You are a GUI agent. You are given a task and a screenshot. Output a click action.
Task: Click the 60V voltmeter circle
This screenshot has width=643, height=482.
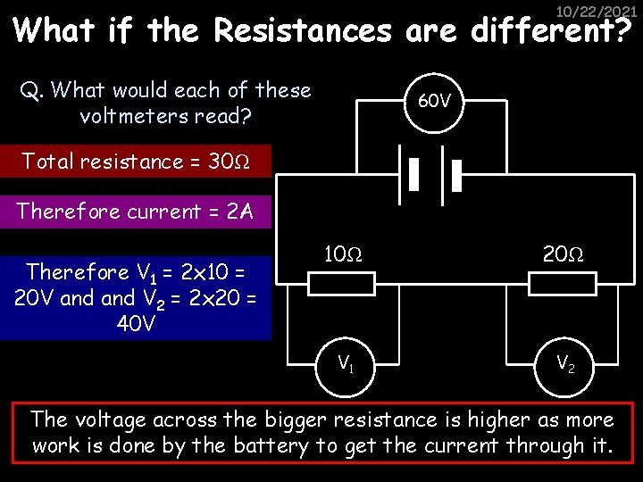click(435, 101)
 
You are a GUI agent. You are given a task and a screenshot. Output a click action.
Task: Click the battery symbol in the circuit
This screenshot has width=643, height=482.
click(435, 176)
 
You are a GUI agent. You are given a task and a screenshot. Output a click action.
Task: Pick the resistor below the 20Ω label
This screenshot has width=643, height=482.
click(563, 284)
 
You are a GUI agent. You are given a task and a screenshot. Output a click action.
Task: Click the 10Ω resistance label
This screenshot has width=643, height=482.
click(342, 254)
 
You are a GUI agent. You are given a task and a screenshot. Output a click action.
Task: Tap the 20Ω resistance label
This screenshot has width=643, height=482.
click(563, 254)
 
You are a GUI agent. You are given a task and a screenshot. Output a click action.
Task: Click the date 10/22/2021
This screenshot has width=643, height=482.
click(597, 11)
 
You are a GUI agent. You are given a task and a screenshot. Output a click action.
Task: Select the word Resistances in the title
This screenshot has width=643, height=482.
click(303, 31)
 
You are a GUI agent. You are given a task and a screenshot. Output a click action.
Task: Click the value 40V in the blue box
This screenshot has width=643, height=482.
click(136, 323)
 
